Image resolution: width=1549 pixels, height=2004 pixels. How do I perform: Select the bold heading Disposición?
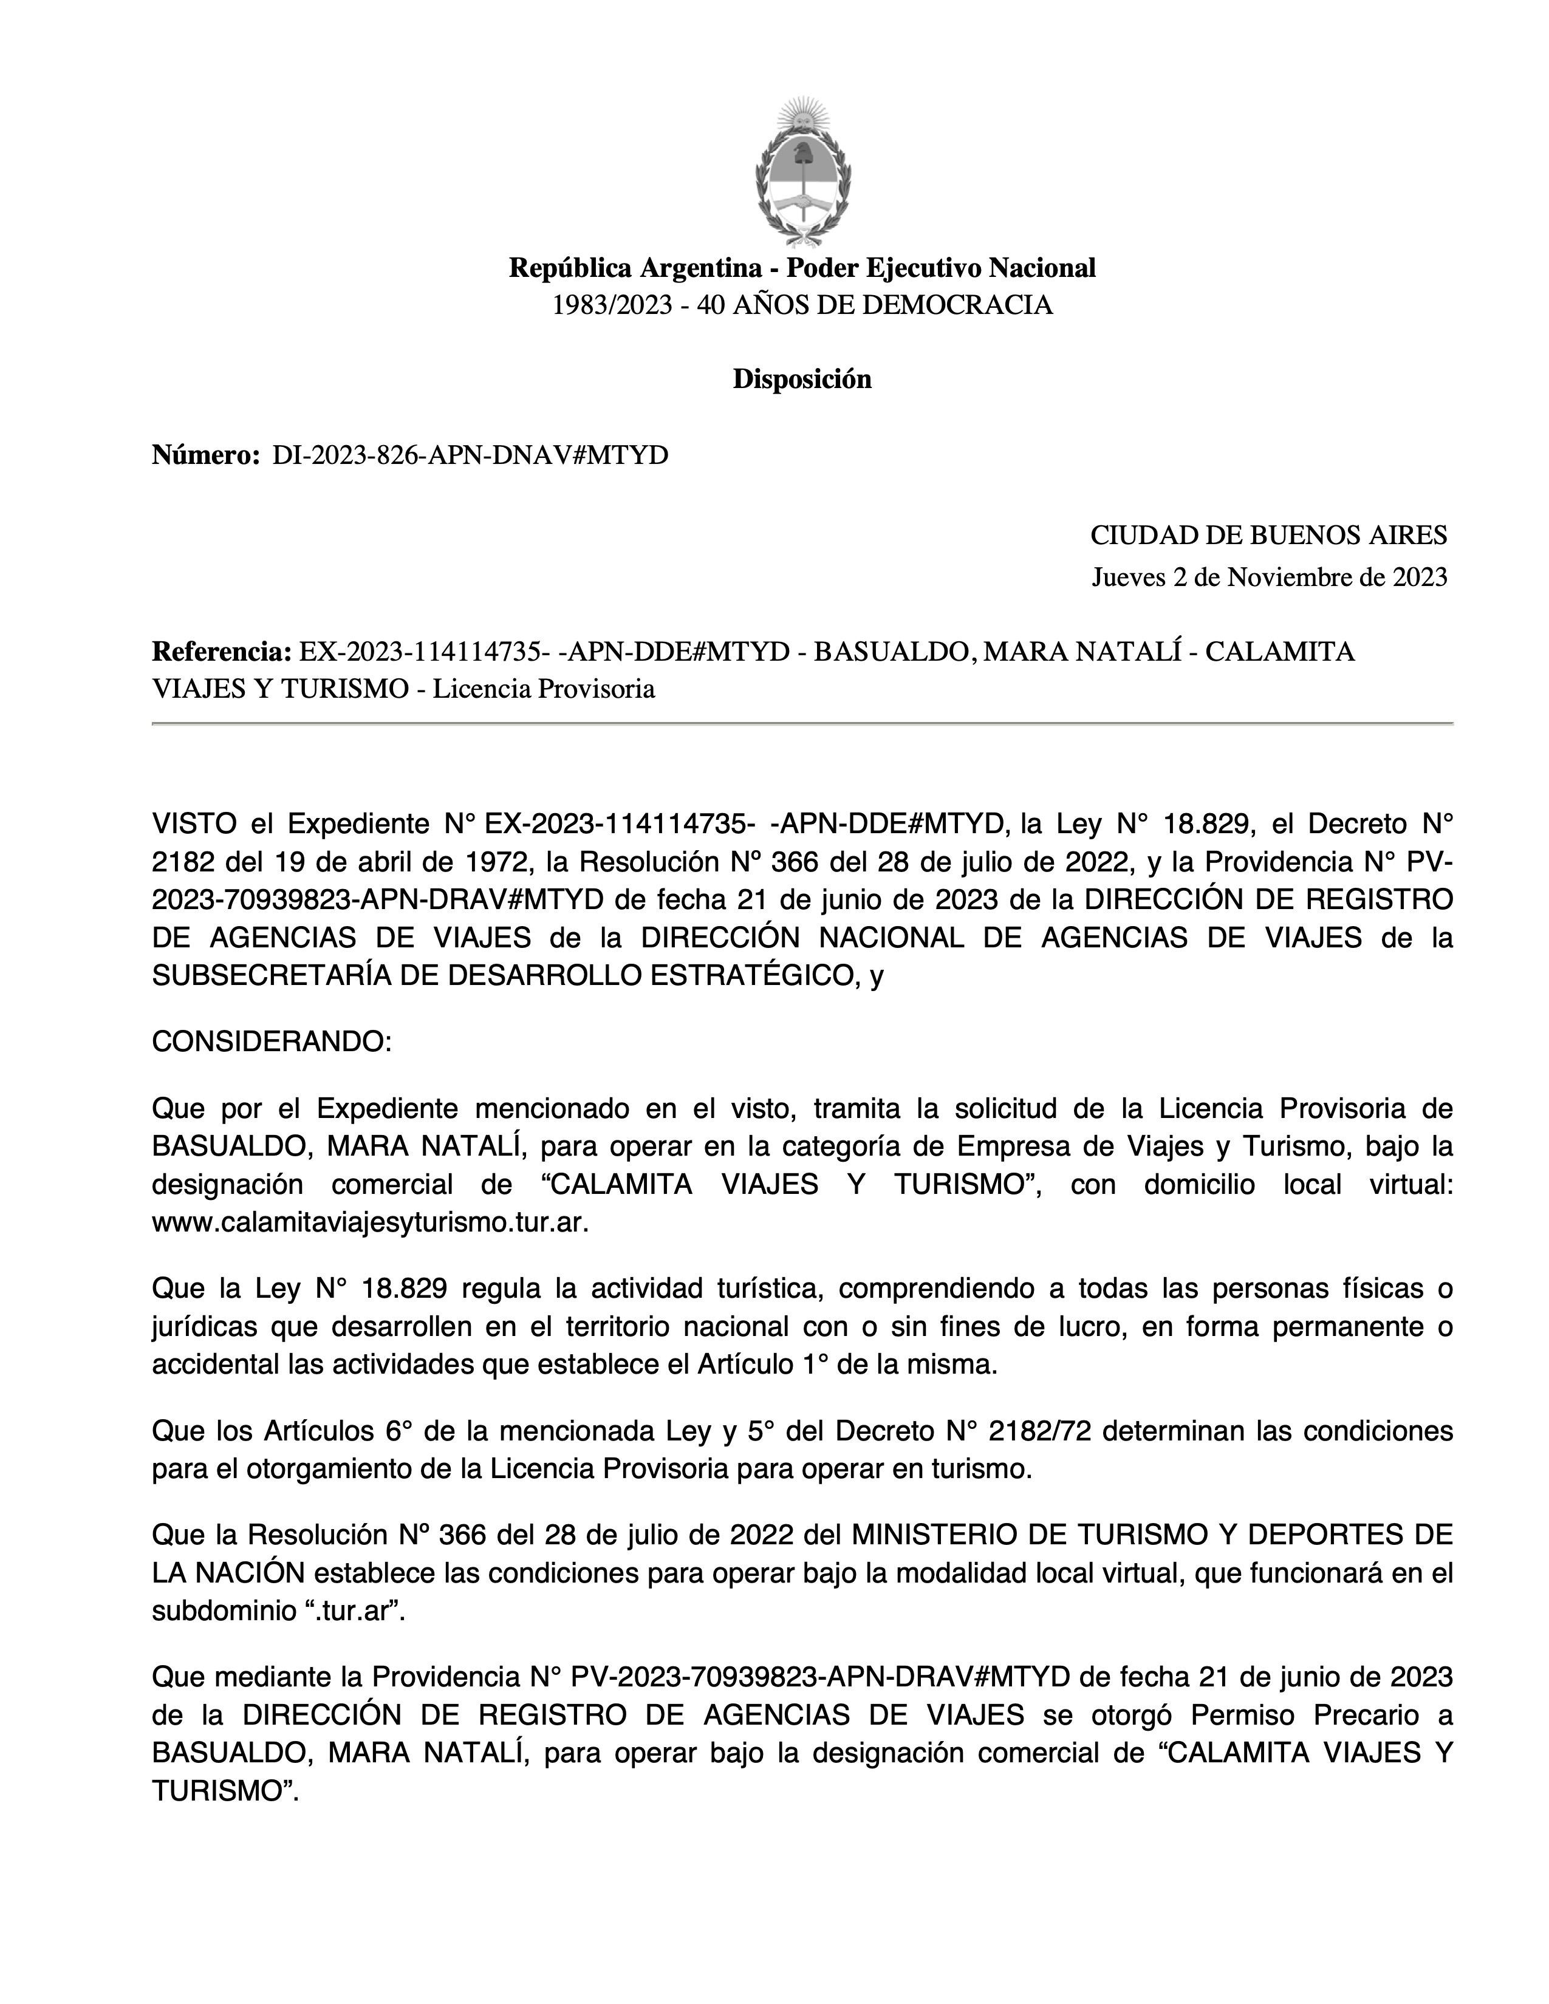coord(801,379)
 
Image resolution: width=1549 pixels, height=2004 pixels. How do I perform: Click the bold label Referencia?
coord(221,652)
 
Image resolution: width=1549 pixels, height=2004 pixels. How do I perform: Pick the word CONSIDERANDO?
coord(272,1042)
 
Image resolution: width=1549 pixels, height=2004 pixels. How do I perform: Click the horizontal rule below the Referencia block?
coord(801,724)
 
